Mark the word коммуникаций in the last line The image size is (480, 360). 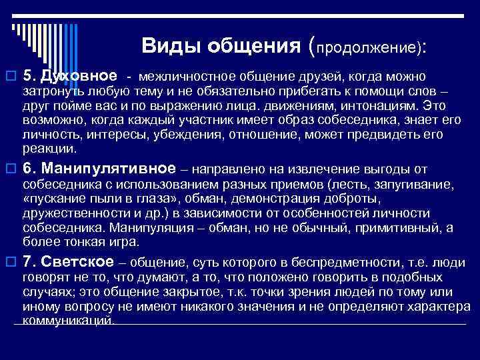68,320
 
